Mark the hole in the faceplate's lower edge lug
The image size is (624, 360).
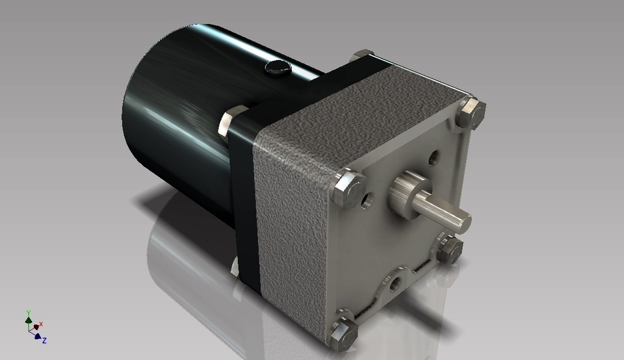click(395, 285)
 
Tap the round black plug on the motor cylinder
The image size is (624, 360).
click(278, 66)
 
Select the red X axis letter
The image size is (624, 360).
click(41, 324)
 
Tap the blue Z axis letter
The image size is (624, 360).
click(44, 341)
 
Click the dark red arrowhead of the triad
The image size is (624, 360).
click(36, 328)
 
